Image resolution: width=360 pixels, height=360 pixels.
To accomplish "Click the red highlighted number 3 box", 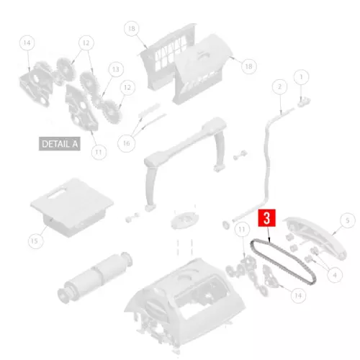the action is [x=266, y=218].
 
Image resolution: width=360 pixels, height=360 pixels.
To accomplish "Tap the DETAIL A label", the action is [x=60, y=144].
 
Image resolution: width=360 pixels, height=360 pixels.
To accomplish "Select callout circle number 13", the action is [x=116, y=69].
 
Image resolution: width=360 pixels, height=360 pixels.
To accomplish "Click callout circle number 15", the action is [x=35, y=241].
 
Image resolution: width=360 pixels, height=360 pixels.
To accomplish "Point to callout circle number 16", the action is [x=127, y=143].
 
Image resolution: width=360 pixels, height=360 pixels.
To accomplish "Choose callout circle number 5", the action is [x=347, y=220].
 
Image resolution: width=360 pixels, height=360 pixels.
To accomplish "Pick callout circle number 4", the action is [x=335, y=275].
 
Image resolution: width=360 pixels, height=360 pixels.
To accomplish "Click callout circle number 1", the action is [x=301, y=77].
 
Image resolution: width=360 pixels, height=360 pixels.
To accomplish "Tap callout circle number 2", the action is [x=280, y=86].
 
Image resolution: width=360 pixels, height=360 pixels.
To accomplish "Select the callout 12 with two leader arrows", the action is [x=86, y=43].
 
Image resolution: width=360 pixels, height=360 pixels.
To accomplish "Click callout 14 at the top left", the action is [x=27, y=43].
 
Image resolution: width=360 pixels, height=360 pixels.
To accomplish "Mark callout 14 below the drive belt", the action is [x=298, y=295].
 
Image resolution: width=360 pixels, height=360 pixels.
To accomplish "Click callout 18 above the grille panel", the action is [x=132, y=29].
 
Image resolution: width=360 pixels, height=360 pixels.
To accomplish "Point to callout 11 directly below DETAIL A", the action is [x=99, y=152].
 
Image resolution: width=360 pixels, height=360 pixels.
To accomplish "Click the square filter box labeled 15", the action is [x=72, y=207].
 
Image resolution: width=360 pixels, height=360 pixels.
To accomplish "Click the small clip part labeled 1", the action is [x=304, y=102].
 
